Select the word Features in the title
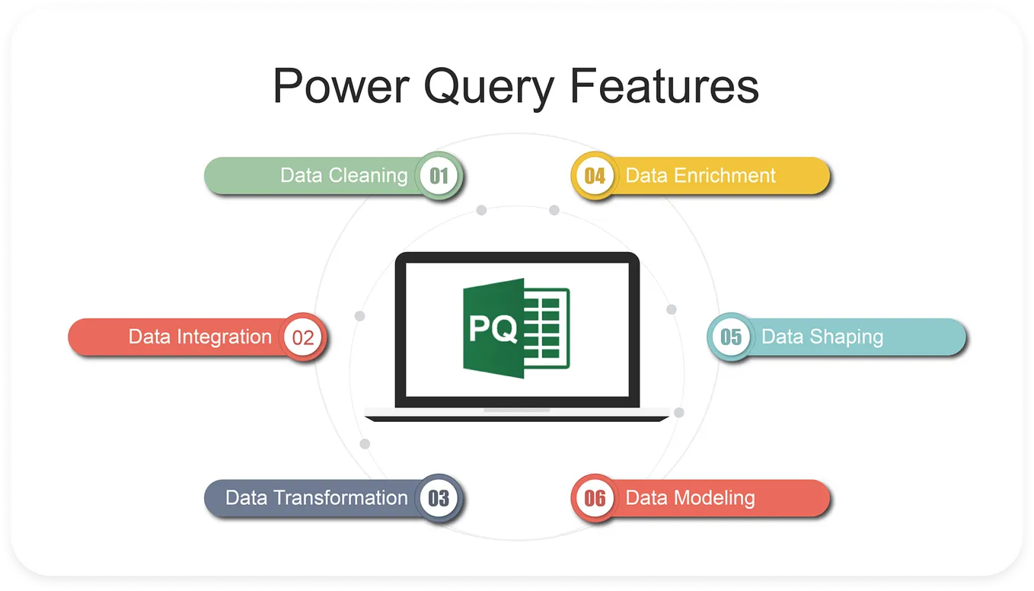coord(664,85)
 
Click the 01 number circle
coord(439,176)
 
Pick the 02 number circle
coord(303,337)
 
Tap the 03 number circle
coord(439,499)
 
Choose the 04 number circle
coord(595,176)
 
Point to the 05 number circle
coord(731,337)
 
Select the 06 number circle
coord(595,499)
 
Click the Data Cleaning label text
coord(344,175)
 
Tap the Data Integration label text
coord(199,337)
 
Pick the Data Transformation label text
coord(317,498)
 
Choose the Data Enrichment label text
coord(700,175)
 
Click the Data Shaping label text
coord(822,337)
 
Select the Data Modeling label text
coord(690,498)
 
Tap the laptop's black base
coord(517,417)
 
